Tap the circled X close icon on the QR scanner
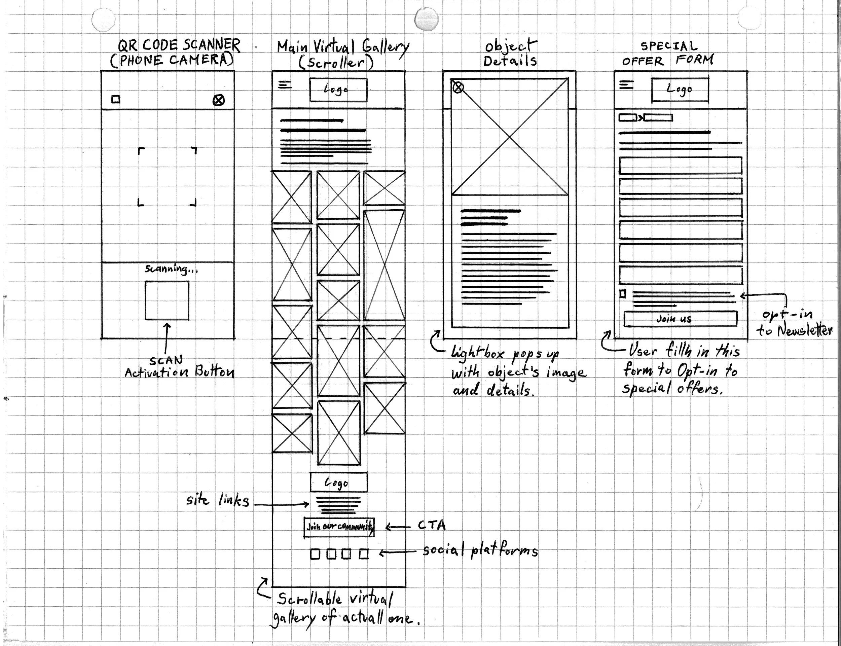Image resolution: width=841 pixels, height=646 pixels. [x=218, y=100]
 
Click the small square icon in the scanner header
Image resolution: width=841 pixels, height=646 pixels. [x=116, y=100]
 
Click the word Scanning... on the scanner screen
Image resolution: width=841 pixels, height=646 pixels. [x=171, y=269]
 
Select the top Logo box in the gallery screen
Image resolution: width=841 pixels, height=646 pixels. [x=338, y=90]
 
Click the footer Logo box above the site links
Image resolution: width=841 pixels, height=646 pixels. [x=338, y=482]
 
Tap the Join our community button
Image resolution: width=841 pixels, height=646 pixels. [x=339, y=527]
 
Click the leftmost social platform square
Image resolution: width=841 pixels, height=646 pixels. [x=315, y=554]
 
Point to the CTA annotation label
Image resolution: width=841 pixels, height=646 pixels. [x=432, y=525]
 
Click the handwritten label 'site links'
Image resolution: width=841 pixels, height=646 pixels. [x=218, y=500]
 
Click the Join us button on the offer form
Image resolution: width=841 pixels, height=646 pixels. [x=680, y=319]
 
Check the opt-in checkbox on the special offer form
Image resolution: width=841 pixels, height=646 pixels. [x=623, y=294]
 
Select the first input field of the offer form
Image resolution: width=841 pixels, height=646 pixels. [x=680, y=165]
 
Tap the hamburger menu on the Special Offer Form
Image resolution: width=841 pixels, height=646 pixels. [x=626, y=84]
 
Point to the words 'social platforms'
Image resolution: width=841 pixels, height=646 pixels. [x=480, y=551]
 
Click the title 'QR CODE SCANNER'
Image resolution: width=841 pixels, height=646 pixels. [x=179, y=46]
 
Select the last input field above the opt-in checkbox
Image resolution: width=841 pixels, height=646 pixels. [x=680, y=275]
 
